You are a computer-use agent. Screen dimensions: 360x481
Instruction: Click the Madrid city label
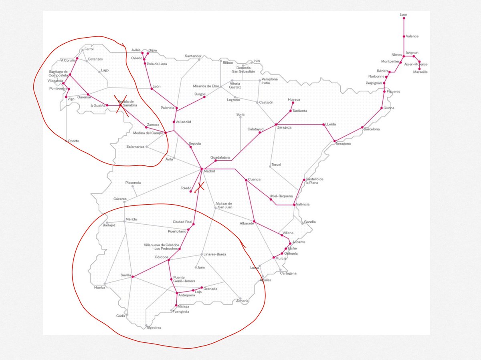click(210, 171)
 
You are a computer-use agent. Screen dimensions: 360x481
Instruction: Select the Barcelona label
click(372, 129)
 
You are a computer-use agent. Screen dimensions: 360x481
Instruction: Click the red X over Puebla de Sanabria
click(121, 105)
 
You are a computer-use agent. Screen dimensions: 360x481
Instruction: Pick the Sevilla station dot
click(133, 277)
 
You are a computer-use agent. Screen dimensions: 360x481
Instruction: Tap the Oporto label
click(73, 141)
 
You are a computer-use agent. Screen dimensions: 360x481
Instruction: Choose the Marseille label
click(420, 72)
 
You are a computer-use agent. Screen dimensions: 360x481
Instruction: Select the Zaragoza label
click(284, 127)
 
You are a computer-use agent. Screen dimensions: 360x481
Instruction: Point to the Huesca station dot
click(293, 103)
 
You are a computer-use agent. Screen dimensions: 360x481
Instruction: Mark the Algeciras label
click(154, 328)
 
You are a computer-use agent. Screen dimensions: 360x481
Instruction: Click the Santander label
click(193, 56)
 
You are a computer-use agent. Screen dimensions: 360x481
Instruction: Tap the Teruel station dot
click(270, 167)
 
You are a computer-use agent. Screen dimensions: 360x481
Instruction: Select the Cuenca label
click(255, 179)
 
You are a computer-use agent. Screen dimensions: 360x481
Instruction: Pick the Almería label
click(243, 301)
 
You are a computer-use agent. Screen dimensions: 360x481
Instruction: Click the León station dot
click(152, 88)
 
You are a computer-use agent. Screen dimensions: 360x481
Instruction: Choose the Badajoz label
click(109, 225)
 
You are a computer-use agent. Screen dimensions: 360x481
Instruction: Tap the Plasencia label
click(133, 183)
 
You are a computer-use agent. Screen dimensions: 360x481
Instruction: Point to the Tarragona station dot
click(334, 141)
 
